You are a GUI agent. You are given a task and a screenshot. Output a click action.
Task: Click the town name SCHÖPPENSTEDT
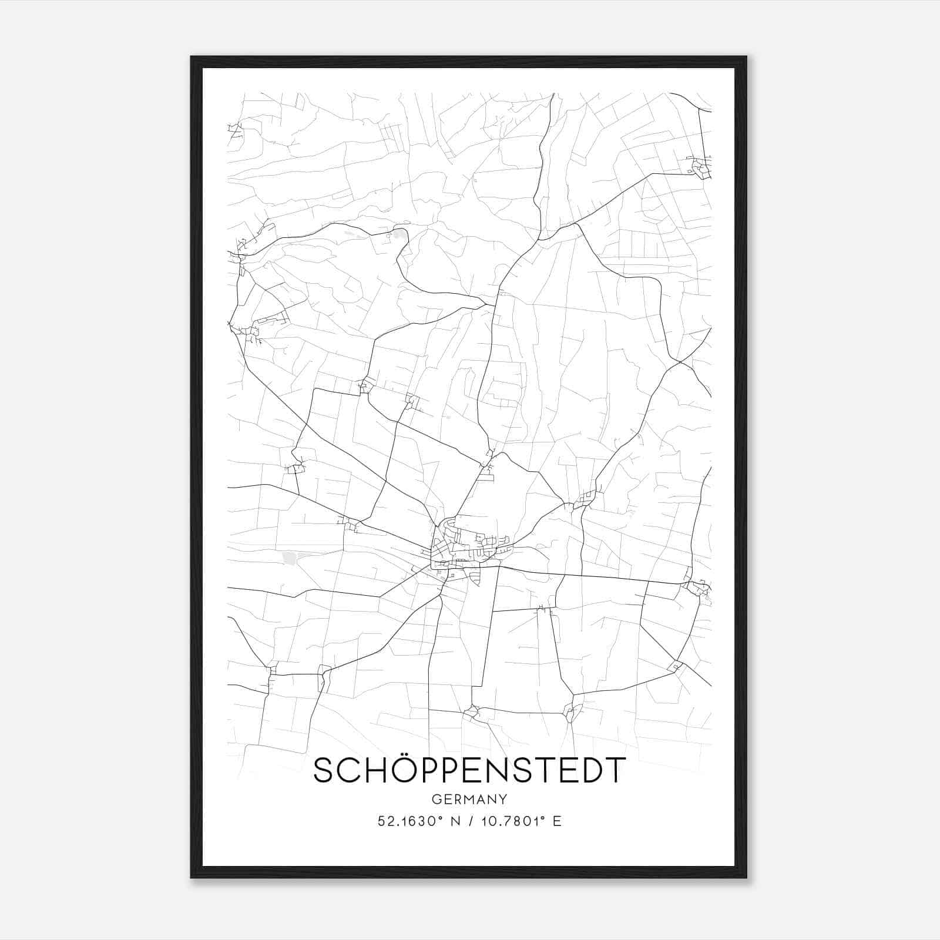click(x=469, y=770)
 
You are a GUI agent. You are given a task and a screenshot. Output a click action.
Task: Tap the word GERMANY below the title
click(x=469, y=799)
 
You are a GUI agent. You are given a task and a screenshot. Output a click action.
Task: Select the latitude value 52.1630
click(x=405, y=821)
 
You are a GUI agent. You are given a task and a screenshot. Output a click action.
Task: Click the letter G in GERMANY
click(x=436, y=799)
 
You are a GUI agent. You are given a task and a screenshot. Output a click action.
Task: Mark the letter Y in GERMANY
click(x=503, y=799)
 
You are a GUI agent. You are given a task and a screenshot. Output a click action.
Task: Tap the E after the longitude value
click(x=557, y=821)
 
